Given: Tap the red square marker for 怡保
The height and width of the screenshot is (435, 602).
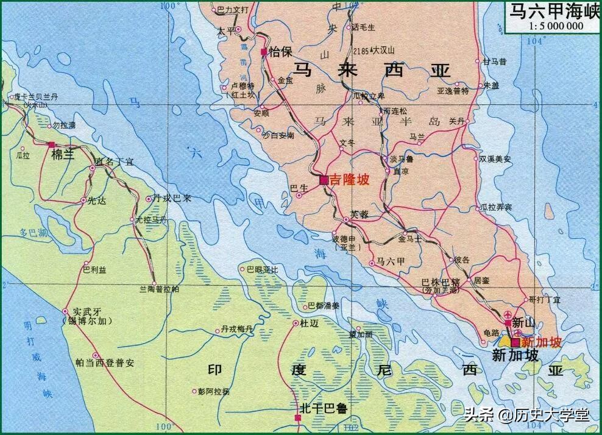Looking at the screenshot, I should [264, 52].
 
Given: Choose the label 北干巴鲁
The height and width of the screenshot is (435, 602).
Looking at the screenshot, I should [323, 408].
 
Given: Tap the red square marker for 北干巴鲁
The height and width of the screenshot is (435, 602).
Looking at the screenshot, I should [298, 418].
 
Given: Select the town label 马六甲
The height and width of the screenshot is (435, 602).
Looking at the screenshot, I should [391, 261].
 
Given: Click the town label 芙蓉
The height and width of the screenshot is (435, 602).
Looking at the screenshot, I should [359, 215].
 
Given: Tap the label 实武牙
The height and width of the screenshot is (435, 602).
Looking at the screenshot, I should [85, 310].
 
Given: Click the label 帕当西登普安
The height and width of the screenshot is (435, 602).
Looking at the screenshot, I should [104, 362].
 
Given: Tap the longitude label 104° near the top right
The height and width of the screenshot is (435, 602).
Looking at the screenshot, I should [535, 41].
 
